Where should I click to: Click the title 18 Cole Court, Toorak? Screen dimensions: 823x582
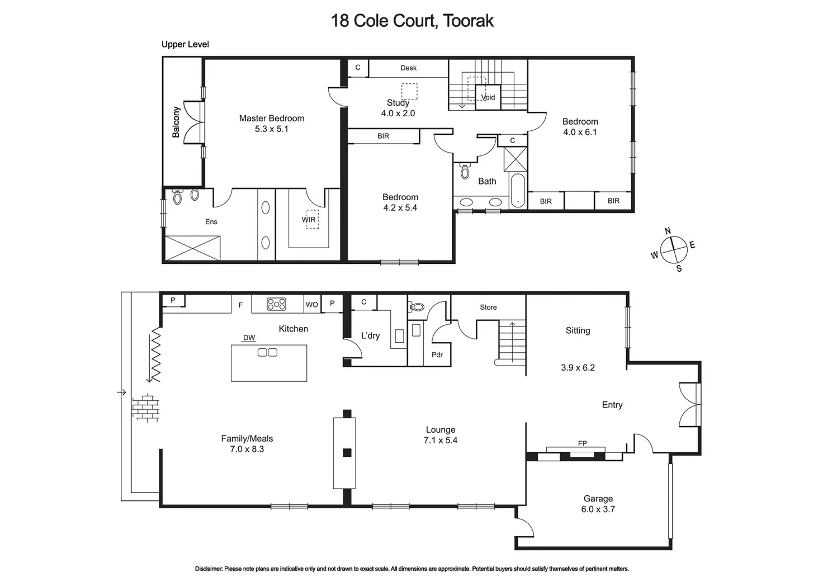click(x=412, y=21)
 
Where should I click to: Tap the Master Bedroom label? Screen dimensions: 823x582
click(x=272, y=118)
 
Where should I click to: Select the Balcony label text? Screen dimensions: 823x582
click(x=176, y=122)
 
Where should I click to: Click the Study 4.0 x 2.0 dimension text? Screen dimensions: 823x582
click(x=398, y=113)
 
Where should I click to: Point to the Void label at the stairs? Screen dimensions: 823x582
click(x=488, y=97)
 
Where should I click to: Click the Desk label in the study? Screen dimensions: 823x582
click(x=408, y=68)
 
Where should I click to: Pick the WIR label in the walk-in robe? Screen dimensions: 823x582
click(x=309, y=220)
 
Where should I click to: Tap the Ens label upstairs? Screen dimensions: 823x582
click(x=211, y=221)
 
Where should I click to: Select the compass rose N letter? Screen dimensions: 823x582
click(x=668, y=231)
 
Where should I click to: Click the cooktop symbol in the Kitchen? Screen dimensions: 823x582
click(x=276, y=304)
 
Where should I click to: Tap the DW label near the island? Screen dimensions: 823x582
click(x=249, y=338)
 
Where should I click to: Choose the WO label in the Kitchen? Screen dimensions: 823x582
click(x=311, y=305)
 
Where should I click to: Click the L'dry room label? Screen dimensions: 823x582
click(x=370, y=335)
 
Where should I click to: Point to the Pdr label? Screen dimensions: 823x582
click(x=437, y=354)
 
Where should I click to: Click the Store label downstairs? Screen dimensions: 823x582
click(x=488, y=307)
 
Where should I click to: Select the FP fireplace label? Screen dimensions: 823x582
click(x=582, y=443)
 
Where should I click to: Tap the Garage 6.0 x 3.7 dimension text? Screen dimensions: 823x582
click(x=598, y=509)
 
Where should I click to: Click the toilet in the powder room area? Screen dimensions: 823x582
click(x=417, y=307)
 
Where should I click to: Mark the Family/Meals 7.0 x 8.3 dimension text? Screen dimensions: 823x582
click(x=247, y=449)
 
